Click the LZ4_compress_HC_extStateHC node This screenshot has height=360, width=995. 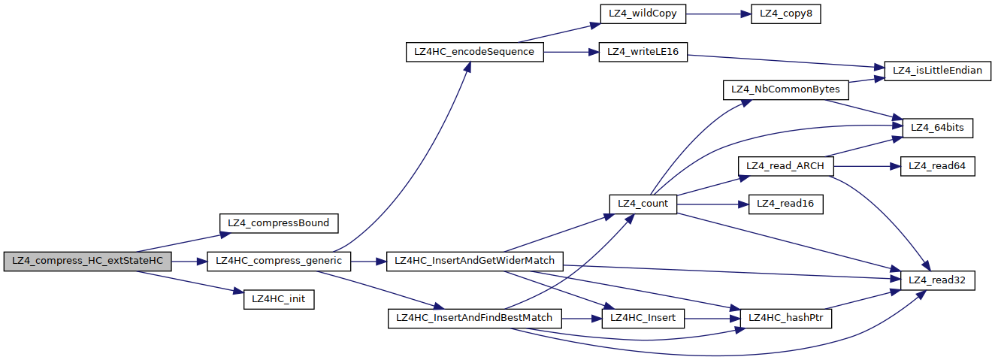click(x=87, y=262)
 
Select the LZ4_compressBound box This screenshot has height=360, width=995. click(x=279, y=223)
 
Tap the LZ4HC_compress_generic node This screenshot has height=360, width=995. click(x=279, y=262)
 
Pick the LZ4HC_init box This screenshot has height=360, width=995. click(x=279, y=299)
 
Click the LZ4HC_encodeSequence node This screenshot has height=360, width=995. click(x=473, y=53)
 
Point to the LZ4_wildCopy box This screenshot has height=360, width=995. click(x=642, y=14)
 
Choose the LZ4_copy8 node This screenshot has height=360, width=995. click(x=785, y=14)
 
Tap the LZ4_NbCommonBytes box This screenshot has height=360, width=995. click(x=786, y=90)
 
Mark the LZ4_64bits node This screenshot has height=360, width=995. click(x=937, y=129)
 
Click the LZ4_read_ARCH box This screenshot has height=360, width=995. click(x=786, y=166)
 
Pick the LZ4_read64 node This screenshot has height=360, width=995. click(x=937, y=166)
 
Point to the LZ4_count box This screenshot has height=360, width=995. click(x=643, y=204)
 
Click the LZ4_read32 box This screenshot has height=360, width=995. click(x=937, y=280)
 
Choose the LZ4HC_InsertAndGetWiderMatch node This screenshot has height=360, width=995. click(x=475, y=262)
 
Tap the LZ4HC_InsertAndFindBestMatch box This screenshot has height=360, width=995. click(x=475, y=318)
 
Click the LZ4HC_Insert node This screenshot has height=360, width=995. click(x=643, y=318)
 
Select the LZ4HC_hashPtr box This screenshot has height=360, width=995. click(x=786, y=318)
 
